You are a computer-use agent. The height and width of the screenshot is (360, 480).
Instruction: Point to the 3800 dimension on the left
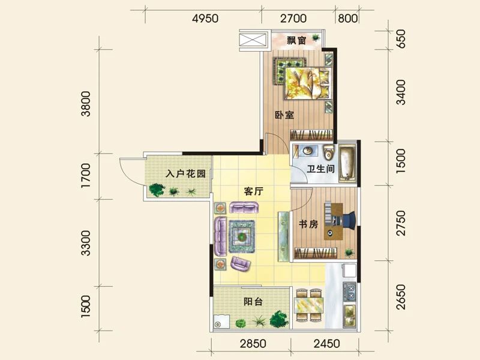(x=88, y=103)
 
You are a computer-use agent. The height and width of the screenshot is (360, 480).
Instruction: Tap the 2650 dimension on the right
(x=401, y=297)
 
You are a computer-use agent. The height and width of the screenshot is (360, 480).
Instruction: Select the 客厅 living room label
(x=254, y=191)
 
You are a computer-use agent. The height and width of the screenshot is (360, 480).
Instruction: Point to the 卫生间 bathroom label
(x=320, y=169)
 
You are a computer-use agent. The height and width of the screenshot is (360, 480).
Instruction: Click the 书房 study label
(x=308, y=224)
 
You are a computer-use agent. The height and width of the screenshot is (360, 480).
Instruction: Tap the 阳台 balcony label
(x=253, y=302)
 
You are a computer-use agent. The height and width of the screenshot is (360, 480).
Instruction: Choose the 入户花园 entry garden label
(x=185, y=174)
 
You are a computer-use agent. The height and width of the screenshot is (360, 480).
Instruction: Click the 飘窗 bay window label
(x=296, y=41)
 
